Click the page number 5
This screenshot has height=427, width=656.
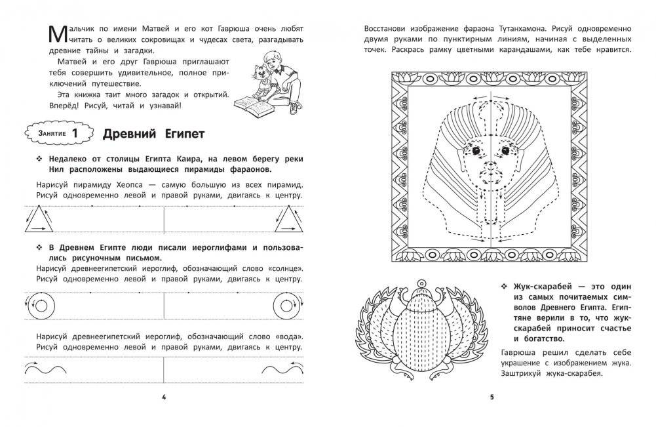pyautogui.click(x=492, y=397)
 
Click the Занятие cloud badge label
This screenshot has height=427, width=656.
pyautogui.click(x=47, y=134)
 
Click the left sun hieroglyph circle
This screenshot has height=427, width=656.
pyautogui.click(x=42, y=303)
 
